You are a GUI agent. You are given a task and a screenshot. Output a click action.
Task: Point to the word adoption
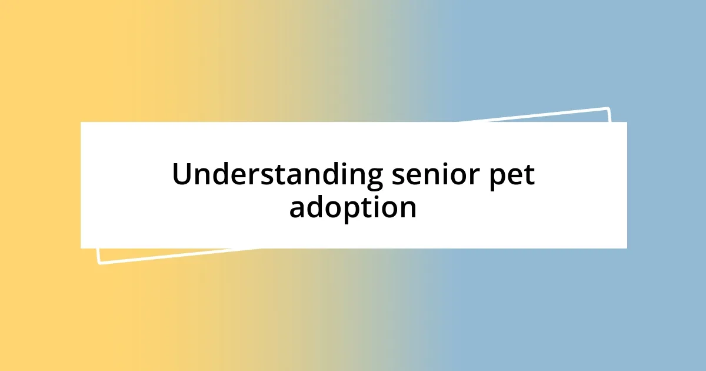point(353,207)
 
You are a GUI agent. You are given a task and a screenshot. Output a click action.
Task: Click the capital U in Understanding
point(181,174)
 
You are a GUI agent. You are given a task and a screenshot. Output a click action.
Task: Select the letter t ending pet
point(529,175)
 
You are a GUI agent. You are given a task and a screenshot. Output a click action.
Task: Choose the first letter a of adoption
point(297,208)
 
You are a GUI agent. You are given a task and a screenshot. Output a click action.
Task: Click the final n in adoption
point(408,208)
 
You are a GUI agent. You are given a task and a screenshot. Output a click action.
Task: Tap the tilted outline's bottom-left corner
point(99,263)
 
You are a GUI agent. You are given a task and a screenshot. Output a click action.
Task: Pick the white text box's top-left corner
point(81,122)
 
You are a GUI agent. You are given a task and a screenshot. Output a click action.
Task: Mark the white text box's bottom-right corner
point(627,248)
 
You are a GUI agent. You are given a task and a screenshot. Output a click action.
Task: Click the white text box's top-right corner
point(627,122)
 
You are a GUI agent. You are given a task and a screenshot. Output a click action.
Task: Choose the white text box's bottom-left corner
point(81,248)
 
